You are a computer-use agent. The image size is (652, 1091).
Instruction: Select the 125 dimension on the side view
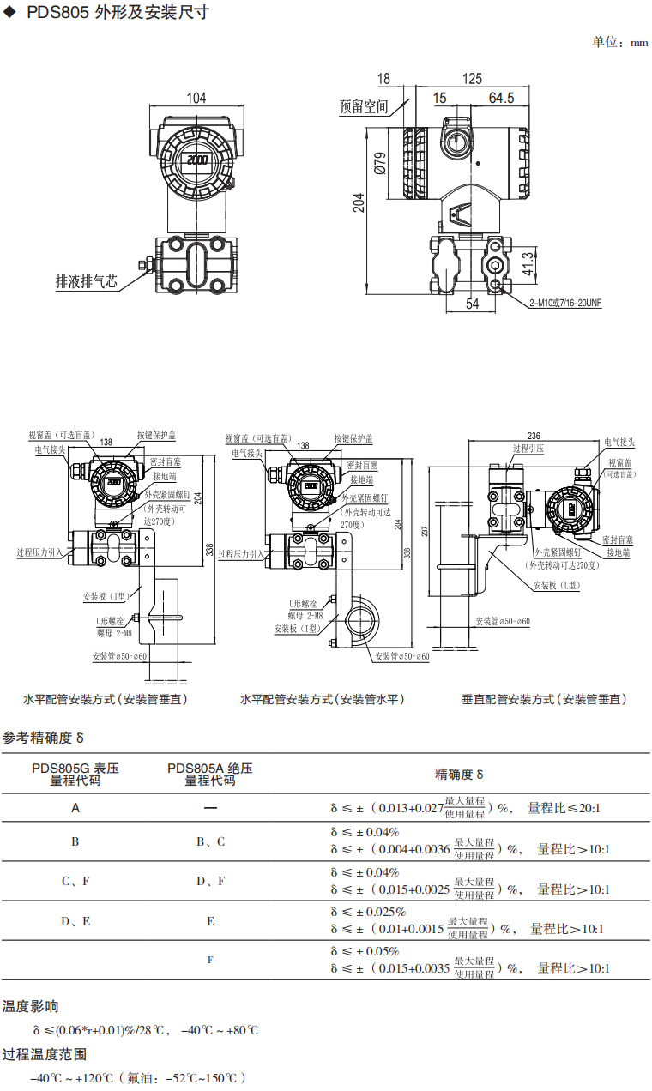[x=472, y=79]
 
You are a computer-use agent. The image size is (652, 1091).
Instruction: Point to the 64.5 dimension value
[x=501, y=99]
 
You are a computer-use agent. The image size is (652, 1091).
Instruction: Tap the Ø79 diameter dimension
[x=381, y=163]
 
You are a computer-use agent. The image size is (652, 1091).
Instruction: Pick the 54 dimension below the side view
[x=473, y=304]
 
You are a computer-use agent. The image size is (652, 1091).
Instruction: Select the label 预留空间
[x=364, y=107]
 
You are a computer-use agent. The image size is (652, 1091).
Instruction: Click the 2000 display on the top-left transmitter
[x=198, y=160]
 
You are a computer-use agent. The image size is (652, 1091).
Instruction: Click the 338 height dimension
[x=210, y=550]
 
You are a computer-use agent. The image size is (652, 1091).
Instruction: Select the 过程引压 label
[x=528, y=449]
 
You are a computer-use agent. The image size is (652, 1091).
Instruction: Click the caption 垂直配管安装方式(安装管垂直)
[x=544, y=699]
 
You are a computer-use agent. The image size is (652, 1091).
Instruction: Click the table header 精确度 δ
[x=460, y=774]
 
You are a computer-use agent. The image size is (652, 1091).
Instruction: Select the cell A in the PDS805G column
[x=75, y=808]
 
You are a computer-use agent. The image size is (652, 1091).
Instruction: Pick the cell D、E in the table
[x=75, y=921]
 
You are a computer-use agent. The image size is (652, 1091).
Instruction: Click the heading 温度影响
[x=30, y=1006]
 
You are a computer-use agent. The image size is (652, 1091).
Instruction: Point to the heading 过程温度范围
[x=44, y=1054]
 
